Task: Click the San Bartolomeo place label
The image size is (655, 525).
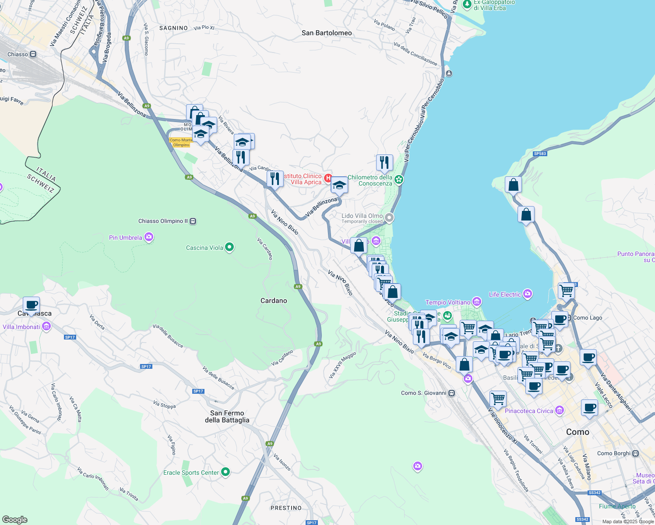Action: tap(327, 33)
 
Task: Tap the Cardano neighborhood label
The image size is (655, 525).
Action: tap(274, 301)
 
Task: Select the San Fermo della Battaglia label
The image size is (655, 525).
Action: tap(227, 416)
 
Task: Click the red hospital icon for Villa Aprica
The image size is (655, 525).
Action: tap(328, 178)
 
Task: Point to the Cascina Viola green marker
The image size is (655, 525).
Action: tap(229, 248)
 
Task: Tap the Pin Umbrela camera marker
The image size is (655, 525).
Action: tap(149, 238)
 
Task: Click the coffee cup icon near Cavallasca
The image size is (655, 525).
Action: tap(31, 304)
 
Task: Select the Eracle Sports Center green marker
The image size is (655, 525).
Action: tap(225, 472)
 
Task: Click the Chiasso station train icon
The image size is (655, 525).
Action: tap(33, 54)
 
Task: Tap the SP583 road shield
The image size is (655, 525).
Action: tap(540, 154)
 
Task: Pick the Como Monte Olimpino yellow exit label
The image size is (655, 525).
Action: tap(181, 143)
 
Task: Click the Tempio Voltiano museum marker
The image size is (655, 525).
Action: tap(477, 302)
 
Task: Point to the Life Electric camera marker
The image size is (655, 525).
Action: tap(528, 294)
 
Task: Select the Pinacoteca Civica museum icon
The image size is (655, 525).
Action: tap(560, 410)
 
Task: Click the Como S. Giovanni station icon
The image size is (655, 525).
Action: tap(452, 393)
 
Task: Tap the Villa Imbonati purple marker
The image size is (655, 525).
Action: tap(46, 326)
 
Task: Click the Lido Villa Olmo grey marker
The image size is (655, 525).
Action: tap(389, 217)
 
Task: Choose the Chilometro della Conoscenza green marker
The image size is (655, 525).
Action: tap(399, 179)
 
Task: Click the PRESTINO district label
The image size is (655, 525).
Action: tap(286, 508)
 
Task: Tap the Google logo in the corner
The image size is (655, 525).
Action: tap(14, 519)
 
